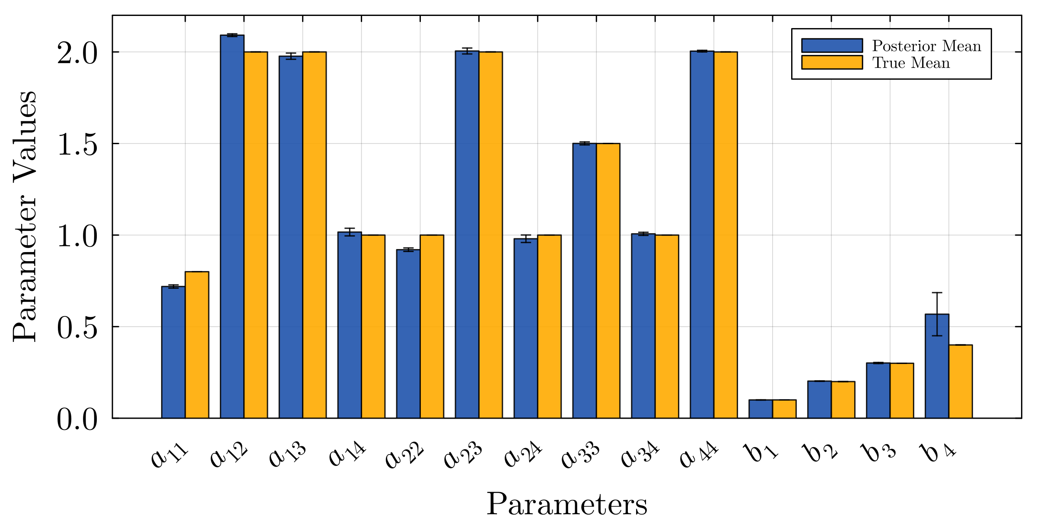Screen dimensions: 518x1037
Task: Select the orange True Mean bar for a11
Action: click(x=197, y=345)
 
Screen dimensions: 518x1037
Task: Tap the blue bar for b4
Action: click(x=937, y=367)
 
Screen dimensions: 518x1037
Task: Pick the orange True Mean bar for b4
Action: click(x=961, y=382)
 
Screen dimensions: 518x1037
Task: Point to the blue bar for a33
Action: click(x=585, y=281)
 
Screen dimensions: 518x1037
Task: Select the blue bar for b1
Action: click(x=760, y=409)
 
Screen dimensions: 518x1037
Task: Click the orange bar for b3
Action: click(x=902, y=391)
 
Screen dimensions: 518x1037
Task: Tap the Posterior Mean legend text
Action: click(x=926, y=46)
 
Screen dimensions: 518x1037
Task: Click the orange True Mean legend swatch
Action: click(x=832, y=62)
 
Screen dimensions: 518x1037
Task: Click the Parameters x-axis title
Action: click(x=567, y=503)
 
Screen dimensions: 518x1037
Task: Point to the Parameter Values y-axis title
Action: click(x=25, y=216)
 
